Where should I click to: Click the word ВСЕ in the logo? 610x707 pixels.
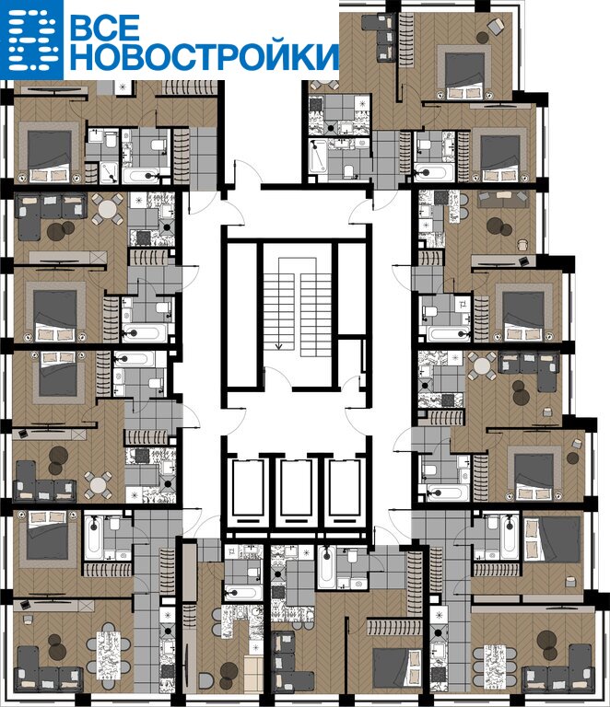point(105,28)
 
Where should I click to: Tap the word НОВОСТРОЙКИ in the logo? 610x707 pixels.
point(205,56)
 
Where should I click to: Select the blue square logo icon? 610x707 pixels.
point(31,41)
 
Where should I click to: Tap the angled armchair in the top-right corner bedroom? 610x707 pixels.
point(496,25)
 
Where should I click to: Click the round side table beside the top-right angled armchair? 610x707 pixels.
point(483,38)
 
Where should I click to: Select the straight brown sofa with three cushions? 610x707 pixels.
point(502,199)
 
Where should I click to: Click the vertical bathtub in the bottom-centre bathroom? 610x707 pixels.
point(327,567)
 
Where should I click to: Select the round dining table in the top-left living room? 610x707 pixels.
point(108,209)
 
